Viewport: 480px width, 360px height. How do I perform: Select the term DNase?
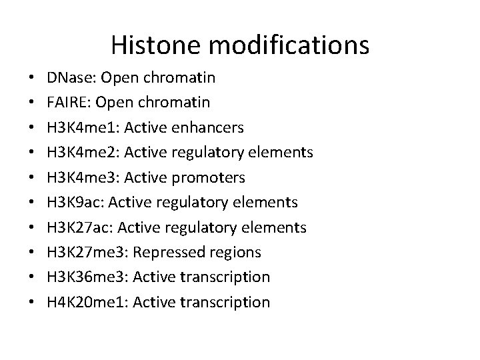[x=67, y=78]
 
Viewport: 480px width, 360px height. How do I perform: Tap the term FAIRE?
[x=65, y=103]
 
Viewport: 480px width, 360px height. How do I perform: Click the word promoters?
[x=211, y=178]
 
